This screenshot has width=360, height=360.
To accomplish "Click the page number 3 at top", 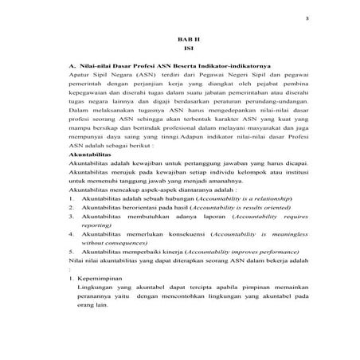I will (x=307, y=16).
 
